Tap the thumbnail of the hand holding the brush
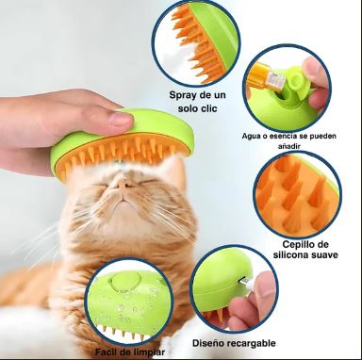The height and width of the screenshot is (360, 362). click(122, 119)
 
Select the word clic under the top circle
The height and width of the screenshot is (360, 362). click(209, 108)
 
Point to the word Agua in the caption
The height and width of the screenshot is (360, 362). click(250, 137)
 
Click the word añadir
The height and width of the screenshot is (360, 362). click(289, 146)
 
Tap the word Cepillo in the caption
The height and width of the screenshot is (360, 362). click(297, 244)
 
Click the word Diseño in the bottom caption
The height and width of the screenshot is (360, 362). click(206, 343)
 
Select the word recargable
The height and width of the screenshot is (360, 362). click(249, 343)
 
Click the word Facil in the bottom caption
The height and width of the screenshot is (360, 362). click(106, 352)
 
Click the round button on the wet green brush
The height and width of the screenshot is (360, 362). click(125, 281)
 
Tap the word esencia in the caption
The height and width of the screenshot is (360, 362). click(275, 137)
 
